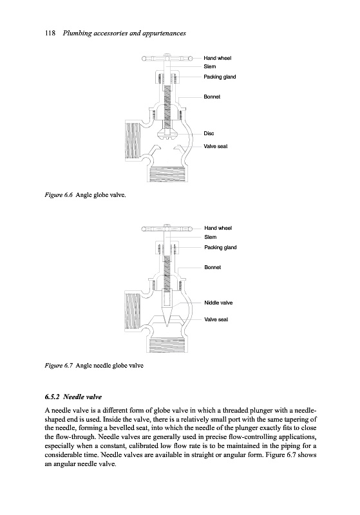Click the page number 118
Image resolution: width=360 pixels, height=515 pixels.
(x=50, y=33)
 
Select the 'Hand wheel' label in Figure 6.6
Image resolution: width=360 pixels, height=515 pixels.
(x=217, y=58)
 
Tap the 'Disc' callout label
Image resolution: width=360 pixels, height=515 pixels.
(x=209, y=133)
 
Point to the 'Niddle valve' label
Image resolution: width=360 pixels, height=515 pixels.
(x=218, y=303)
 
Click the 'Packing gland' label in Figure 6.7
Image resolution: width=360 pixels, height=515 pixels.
(x=220, y=247)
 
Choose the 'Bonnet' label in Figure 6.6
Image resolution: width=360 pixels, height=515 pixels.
(x=212, y=97)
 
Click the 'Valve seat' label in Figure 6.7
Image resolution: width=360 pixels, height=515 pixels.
(x=216, y=319)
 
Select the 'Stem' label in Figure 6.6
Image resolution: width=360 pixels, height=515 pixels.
(x=209, y=66)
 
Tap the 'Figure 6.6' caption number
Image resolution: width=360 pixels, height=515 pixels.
(x=59, y=195)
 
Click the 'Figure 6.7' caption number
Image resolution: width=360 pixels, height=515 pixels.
(x=59, y=366)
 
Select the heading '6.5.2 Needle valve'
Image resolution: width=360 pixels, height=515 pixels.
(x=73, y=397)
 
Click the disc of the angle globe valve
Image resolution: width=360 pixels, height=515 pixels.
(x=167, y=135)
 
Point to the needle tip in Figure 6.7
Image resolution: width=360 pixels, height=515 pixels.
(x=167, y=326)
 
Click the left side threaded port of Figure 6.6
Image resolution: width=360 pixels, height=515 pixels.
(x=133, y=140)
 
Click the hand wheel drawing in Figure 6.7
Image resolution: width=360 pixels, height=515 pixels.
(x=167, y=229)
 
